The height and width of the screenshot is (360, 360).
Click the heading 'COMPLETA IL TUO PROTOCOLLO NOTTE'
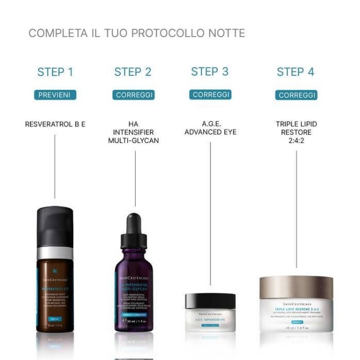pos(136,33)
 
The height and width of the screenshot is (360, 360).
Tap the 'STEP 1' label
pos(55,72)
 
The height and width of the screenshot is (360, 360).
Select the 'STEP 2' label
pos(133,72)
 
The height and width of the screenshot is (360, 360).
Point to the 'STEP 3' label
pos(209,71)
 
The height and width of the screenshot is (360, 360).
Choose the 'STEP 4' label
pos(296,72)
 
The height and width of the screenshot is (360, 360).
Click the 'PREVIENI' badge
pos(55,95)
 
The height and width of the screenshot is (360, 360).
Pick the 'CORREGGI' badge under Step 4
pos(296,95)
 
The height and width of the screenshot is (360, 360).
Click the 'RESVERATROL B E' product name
pos(55,125)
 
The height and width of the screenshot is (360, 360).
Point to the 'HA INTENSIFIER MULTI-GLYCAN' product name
pos(133,132)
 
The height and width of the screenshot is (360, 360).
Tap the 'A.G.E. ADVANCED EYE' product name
pos(210,128)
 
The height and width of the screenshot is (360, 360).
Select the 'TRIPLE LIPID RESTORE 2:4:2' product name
pos(296,132)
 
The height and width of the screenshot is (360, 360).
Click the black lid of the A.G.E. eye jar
pos(210,302)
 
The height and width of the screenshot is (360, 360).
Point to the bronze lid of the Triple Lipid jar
pos(296,287)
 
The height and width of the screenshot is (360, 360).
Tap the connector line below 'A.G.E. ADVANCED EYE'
pos(210,210)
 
